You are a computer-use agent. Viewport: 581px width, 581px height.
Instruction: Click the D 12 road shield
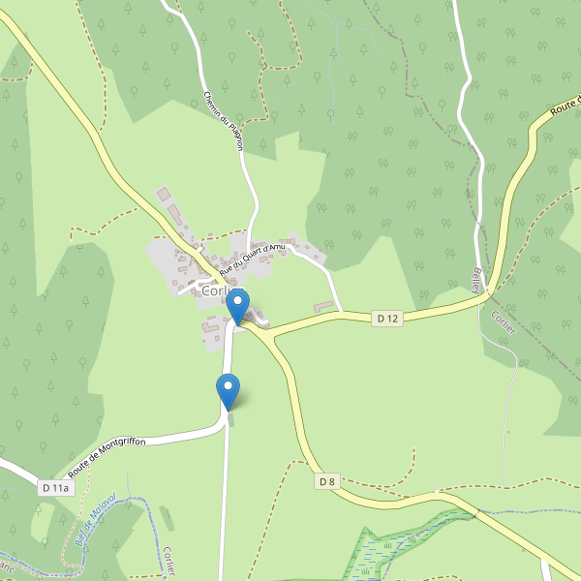(x=388, y=318)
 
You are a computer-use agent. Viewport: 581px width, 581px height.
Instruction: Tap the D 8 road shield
(x=327, y=481)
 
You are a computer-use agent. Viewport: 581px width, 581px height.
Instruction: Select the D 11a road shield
(x=56, y=488)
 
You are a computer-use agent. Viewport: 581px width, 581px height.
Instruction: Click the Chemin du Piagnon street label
(x=224, y=120)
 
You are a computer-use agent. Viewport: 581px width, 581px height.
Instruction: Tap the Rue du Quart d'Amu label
(x=253, y=258)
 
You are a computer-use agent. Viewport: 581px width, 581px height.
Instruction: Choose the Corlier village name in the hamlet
(x=214, y=290)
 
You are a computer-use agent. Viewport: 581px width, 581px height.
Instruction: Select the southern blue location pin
(x=229, y=392)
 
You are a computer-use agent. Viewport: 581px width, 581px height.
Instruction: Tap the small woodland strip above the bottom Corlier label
(x=167, y=517)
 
